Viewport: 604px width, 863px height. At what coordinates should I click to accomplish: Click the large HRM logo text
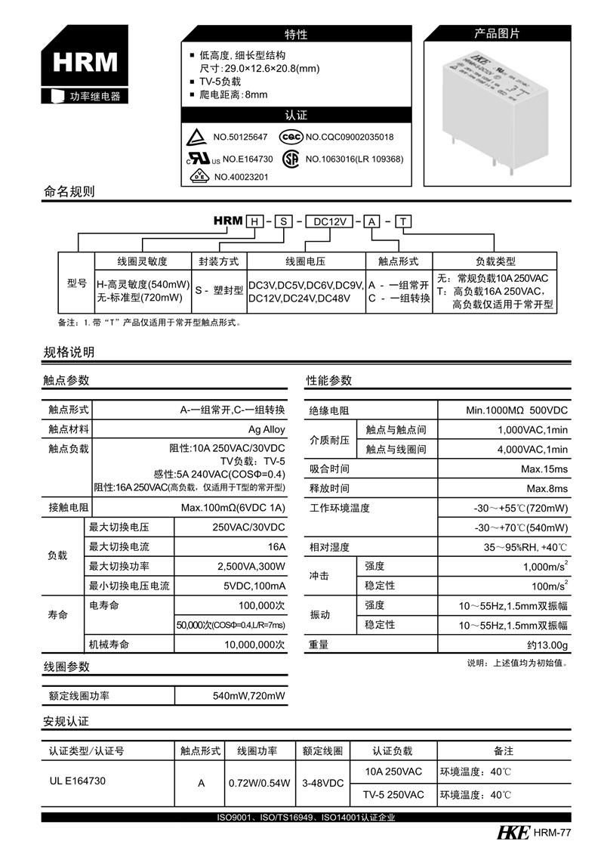coord(85,62)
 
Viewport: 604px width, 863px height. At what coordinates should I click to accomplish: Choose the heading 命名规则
coord(69,191)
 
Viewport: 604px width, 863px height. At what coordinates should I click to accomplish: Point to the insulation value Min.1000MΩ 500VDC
coord(517,410)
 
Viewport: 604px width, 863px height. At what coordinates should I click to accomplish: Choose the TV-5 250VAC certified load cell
coord(393,795)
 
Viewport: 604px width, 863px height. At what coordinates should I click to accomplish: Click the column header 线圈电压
coord(305,261)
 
